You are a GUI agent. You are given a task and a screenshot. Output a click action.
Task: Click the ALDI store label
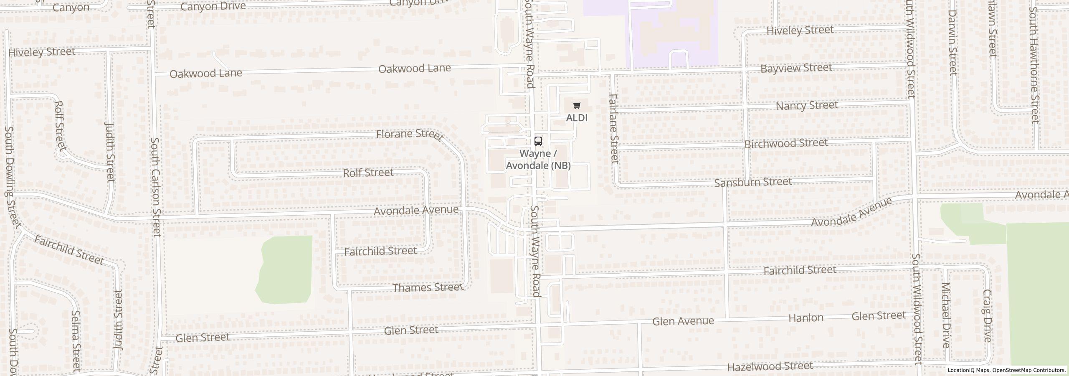[577, 118]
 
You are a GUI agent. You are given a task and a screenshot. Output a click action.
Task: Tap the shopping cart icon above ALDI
[577, 106]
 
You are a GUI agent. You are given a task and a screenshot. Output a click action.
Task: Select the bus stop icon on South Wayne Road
[539, 141]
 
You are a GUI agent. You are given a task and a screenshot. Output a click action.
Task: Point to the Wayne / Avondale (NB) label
[538, 160]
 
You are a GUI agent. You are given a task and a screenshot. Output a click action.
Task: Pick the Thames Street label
[428, 287]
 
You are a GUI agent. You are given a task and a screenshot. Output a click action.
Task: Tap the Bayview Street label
[796, 68]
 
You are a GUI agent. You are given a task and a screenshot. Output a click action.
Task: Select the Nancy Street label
[807, 105]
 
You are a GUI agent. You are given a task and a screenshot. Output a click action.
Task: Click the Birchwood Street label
[786, 143]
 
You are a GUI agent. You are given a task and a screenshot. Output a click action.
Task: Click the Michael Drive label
[946, 315]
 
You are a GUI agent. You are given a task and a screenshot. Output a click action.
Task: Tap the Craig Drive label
[987, 316]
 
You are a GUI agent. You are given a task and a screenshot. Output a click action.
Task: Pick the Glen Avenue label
[683, 321]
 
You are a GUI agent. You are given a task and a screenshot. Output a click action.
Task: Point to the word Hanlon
[806, 318]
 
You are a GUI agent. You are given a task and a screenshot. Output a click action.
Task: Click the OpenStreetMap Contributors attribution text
[1029, 370]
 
